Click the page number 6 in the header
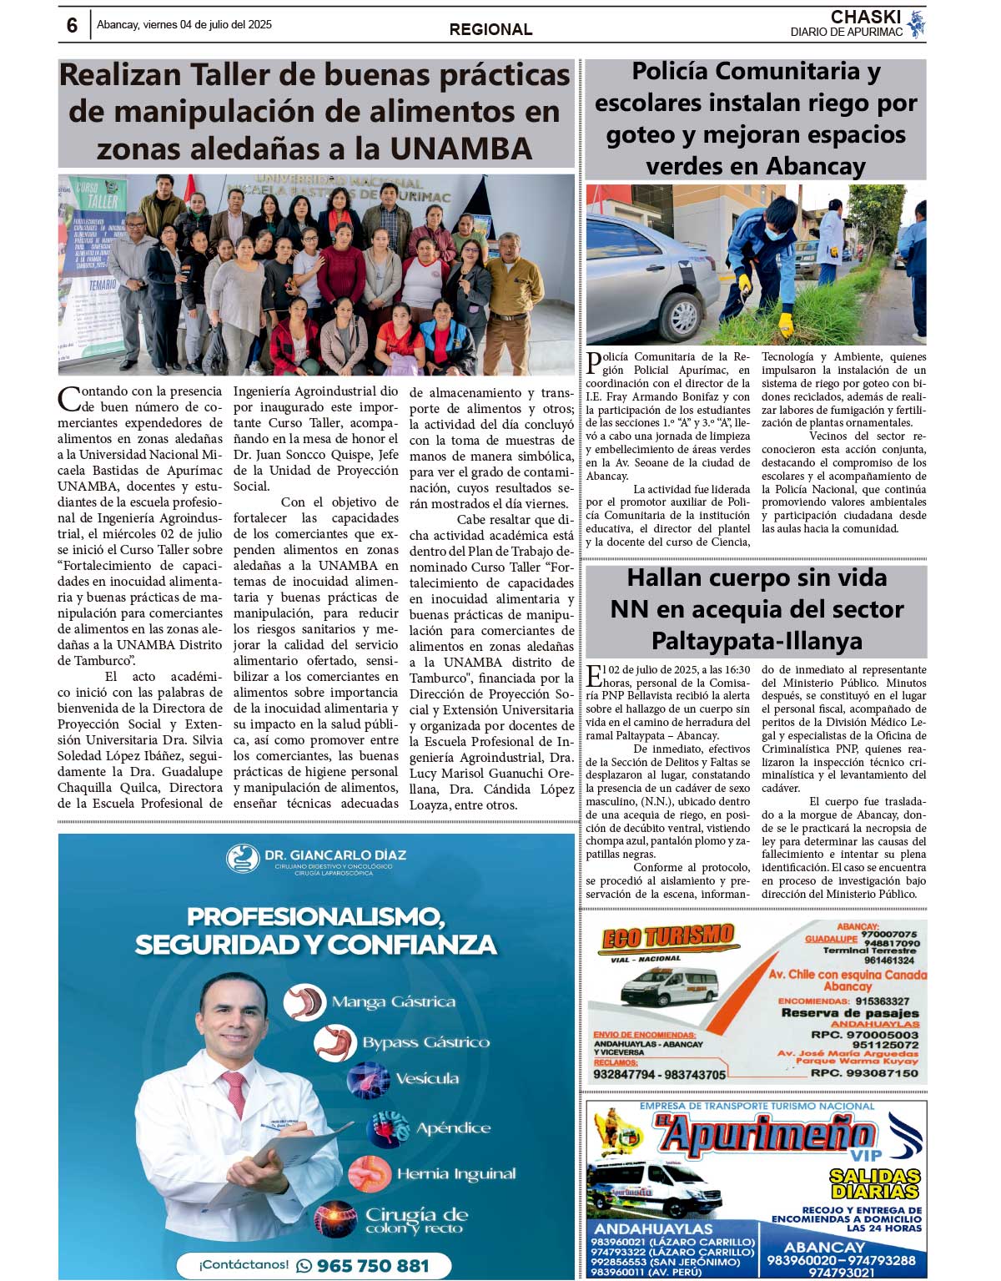tap(72, 26)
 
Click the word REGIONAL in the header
tap(490, 29)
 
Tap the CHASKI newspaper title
tap(865, 17)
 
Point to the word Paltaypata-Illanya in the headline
tap(757, 641)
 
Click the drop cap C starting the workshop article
tap(69, 399)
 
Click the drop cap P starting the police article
tap(593, 362)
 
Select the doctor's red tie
tap(232, 1098)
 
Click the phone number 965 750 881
tap(372, 1265)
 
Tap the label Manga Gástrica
tap(393, 1002)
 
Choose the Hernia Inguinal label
tap(455, 1174)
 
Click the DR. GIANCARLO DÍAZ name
tap(335, 855)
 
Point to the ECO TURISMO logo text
tap(667, 937)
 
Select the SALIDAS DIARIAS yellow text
tap(874, 1183)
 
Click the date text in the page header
tap(184, 25)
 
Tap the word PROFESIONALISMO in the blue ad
tap(315, 916)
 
